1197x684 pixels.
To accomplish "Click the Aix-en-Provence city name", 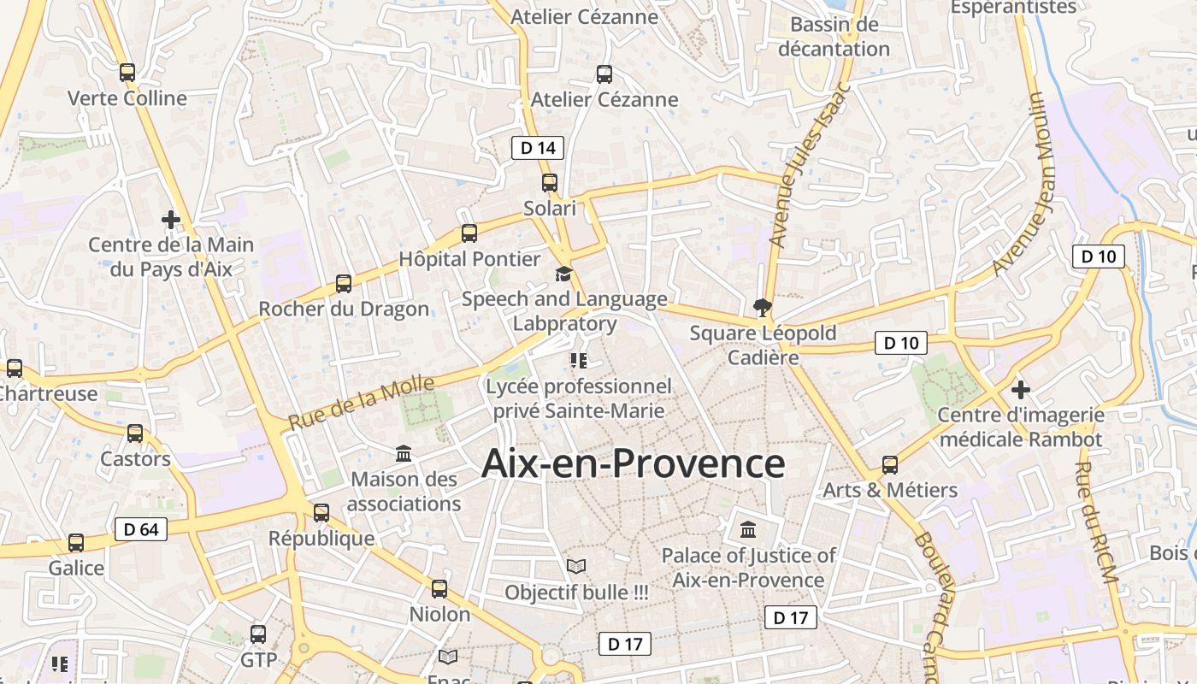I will (633, 463).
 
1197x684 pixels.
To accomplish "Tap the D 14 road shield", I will (538, 148).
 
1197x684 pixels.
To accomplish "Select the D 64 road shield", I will (141, 529).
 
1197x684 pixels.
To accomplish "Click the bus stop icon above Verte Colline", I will (127, 73).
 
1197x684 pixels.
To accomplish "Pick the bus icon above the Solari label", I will (549, 183).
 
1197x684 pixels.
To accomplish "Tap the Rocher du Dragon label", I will (344, 309).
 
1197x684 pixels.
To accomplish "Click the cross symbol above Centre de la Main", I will (171, 220).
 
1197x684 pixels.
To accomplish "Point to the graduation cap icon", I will (563, 274).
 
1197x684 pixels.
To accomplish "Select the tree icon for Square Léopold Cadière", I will (761, 308).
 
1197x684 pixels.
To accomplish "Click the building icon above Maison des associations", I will (404, 454).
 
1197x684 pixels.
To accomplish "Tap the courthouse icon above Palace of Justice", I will (748, 530).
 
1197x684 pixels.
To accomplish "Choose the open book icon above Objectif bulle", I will (576, 567).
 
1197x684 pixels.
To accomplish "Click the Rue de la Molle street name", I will (362, 403).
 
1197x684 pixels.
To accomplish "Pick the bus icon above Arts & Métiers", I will (890, 465).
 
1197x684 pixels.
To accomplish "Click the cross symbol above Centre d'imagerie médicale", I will (1020, 391).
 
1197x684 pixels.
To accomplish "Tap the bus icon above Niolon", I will (439, 589).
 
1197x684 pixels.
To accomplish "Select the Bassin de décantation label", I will (834, 37).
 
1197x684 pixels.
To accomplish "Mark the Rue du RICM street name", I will (1096, 522).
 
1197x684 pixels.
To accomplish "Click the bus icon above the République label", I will (321, 513).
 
